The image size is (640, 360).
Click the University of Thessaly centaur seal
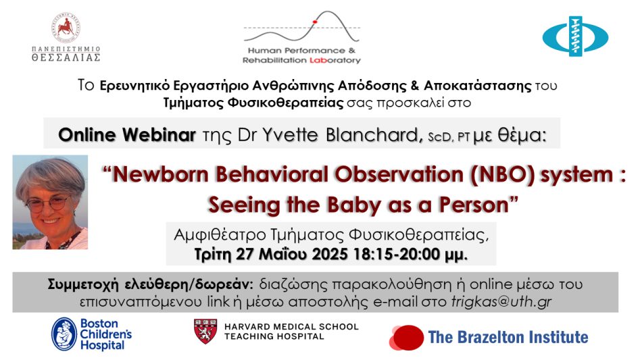click(x=66, y=27)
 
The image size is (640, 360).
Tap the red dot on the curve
click(x=315, y=22)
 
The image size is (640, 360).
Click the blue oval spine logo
click(x=575, y=36)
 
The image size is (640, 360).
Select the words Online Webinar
click(x=127, y=134)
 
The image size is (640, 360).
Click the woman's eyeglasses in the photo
click(x=47, y=203)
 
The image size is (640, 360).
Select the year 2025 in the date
click(x=330, y=255)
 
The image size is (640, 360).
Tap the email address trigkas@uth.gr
click(x=501, y=302)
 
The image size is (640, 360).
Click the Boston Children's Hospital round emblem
click(x=64, y=334)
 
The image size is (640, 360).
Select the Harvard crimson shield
click(x=205, y=331)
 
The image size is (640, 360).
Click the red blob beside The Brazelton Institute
click(x=407, y=338)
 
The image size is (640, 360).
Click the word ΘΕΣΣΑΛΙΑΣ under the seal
click(x=66, y=57)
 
